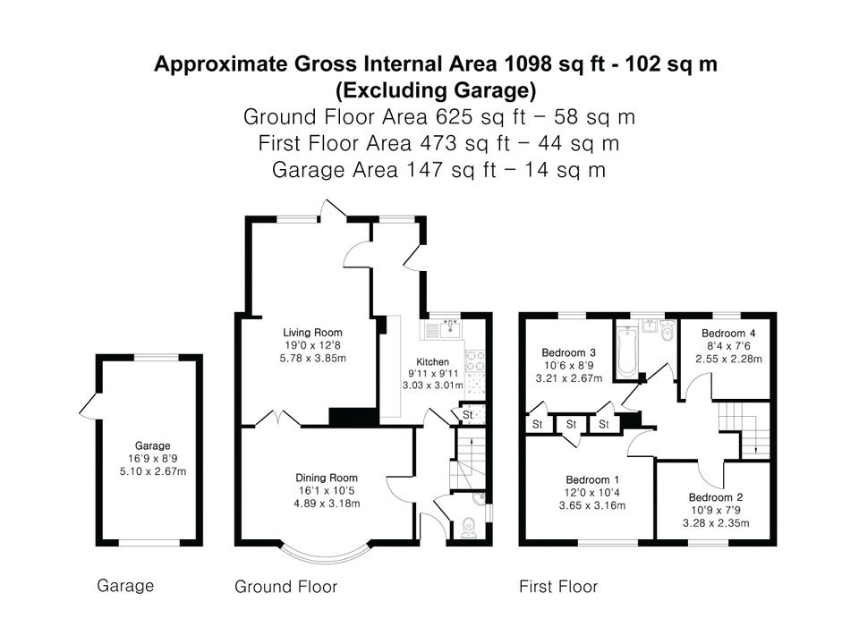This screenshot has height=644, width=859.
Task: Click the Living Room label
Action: point(312,333)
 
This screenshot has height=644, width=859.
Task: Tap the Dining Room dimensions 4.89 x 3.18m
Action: point(327,504)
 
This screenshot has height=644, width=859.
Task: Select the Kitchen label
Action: point(433,362)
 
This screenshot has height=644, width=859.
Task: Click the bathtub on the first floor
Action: point(625,353)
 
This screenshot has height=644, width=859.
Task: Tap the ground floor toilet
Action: point(469,528)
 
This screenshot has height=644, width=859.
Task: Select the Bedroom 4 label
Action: point(728,333)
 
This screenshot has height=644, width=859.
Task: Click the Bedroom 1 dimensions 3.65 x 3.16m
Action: point(592,505)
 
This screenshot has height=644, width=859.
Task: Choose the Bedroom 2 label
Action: point(716,497)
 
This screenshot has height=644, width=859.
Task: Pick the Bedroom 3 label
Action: point(569,352)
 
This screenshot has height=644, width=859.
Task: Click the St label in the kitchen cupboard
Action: point(467,415)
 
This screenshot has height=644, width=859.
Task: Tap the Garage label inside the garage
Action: point(152,445)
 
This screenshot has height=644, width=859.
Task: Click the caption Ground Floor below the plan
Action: point(286,587)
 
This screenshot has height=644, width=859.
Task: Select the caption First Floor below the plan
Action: point(558,587)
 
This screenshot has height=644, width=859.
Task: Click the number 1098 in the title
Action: point(528,64)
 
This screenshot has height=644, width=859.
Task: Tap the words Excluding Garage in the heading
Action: point(436,90)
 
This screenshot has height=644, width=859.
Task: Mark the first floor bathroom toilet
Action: point(667,331)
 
